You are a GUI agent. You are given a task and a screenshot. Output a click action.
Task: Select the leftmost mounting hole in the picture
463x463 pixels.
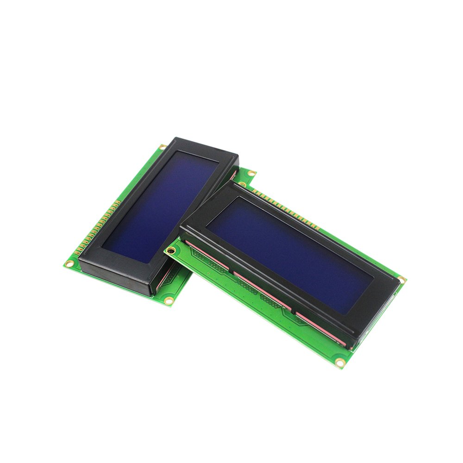point(69,263)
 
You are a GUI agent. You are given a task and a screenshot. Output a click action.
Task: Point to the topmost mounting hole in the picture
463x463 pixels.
point(163,147)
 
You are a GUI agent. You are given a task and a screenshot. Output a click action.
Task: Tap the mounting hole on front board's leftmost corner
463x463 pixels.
point(171,251)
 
